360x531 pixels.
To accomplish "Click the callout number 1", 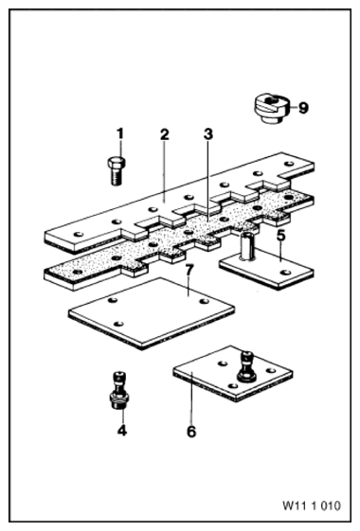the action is pos(120,133).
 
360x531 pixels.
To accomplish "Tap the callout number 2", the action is pos(165,134).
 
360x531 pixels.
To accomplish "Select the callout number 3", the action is pos(208,134).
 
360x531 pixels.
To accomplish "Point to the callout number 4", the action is pos(122,431).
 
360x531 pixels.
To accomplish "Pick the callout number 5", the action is pos(281,236).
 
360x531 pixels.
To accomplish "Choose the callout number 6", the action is pos(191,432).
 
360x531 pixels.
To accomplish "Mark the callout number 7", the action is pos(189,271).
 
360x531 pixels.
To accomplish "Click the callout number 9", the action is pos(303,108).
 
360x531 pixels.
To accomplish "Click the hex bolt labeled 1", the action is pos(117,171).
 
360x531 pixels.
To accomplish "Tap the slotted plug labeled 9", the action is pos(272,109).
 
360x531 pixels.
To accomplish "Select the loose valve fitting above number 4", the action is pos(119,391).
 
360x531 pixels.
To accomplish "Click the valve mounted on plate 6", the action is pos(246,367).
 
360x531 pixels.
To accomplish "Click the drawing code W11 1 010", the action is pos(312,506).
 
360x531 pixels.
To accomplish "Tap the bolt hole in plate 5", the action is pos(285,273).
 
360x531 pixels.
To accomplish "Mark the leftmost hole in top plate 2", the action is pos(79,234).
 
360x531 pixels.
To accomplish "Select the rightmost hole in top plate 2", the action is pos(289,164).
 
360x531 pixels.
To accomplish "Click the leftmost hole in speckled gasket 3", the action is pos(79,272).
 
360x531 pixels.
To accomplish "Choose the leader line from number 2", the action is pos(165,171).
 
